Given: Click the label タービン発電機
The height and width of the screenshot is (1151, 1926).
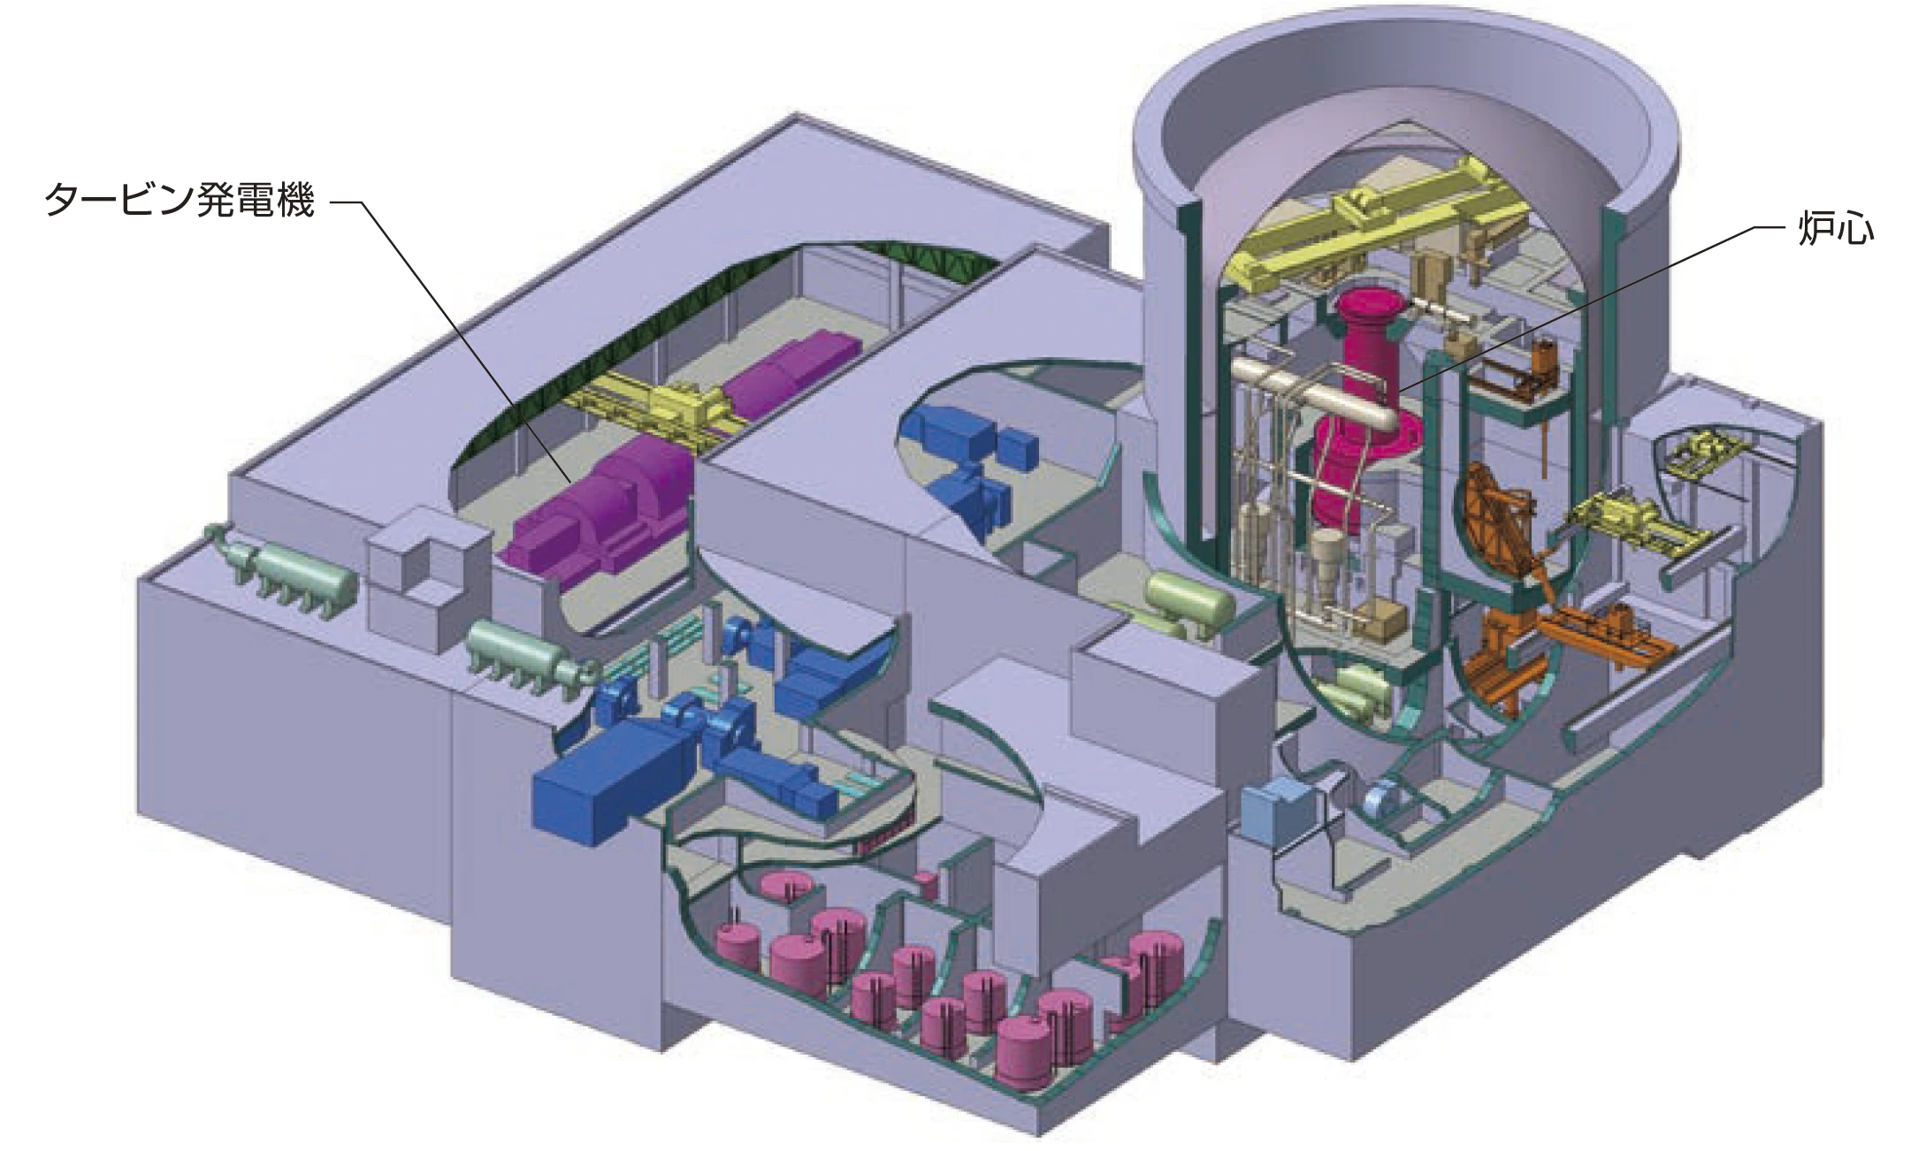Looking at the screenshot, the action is pos(180,202).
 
